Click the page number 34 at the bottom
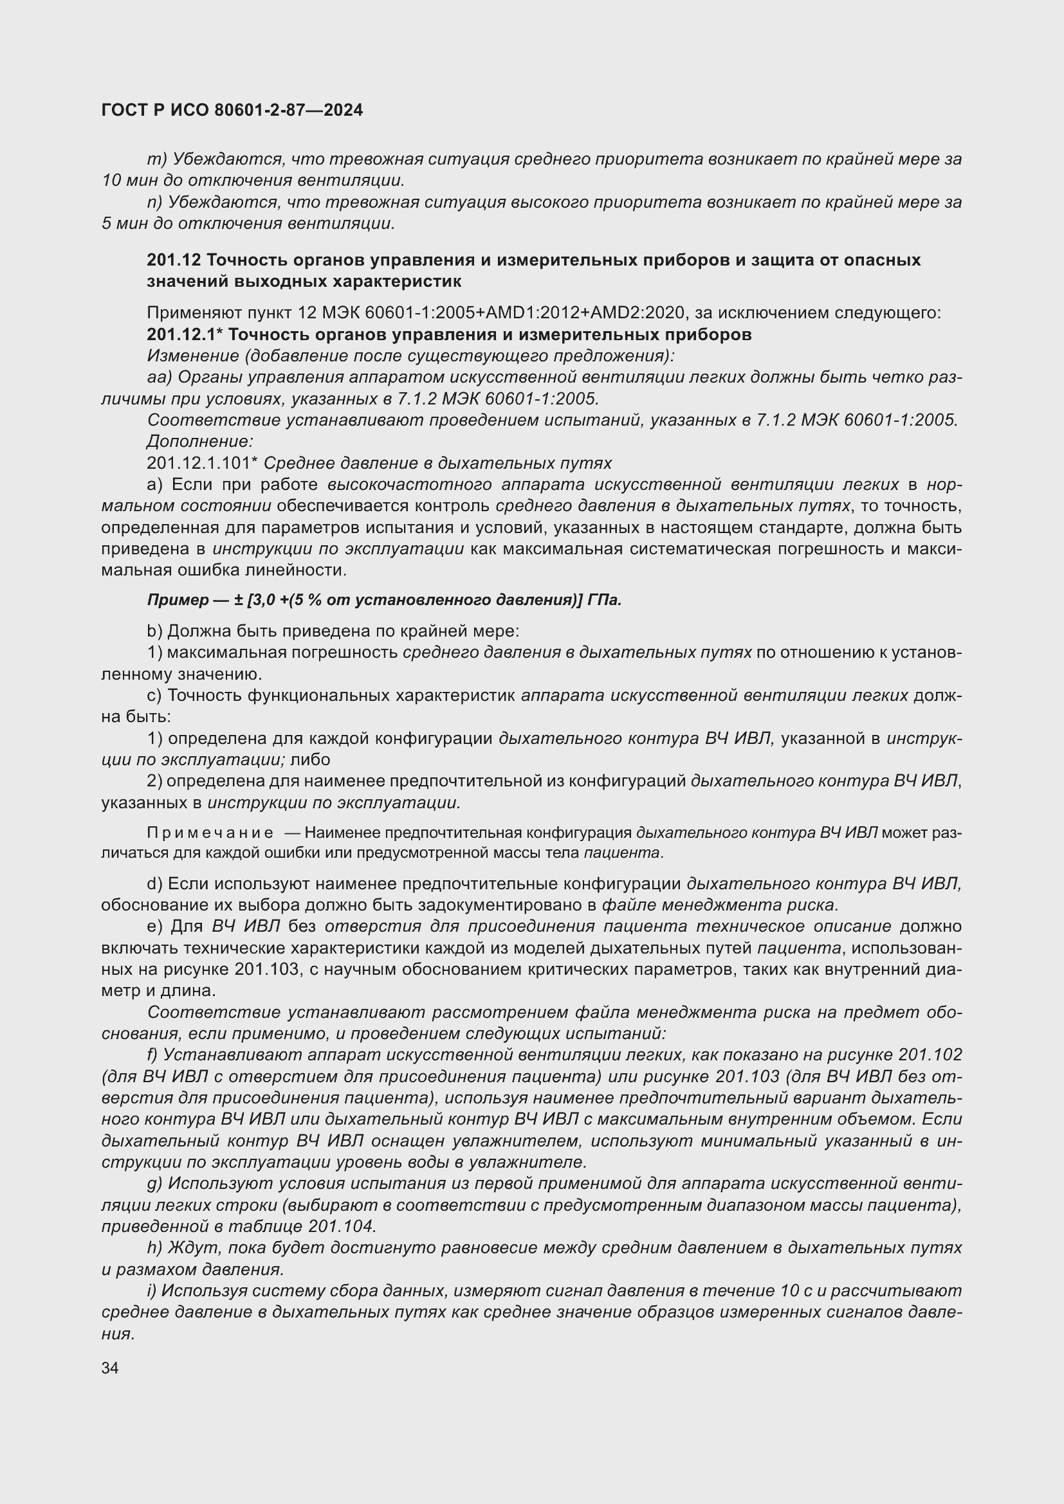pos(110,1368)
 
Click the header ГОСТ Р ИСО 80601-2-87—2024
pos(232,110)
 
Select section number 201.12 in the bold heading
pos(173,260)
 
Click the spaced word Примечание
pos(210,833)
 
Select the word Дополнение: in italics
pos(200,442)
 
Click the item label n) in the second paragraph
pos(154,203)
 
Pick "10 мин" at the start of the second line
pos(125,180)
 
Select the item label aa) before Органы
pos(159,377)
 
